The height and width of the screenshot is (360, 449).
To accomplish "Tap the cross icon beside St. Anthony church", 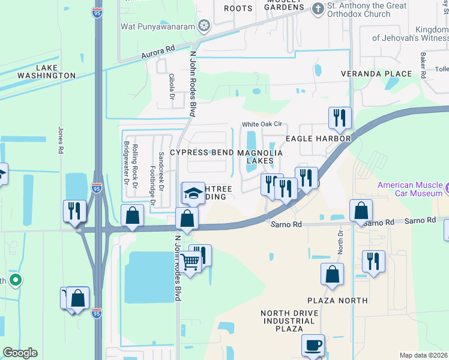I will (x=317, y=9).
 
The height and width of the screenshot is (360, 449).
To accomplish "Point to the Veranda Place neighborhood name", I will (x=376, y=74).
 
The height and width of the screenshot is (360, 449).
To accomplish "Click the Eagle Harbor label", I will (x=318, y=139).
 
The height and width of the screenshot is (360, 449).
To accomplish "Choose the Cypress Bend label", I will (x=202, y=152).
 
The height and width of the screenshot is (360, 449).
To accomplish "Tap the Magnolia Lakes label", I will (x=260, y=157).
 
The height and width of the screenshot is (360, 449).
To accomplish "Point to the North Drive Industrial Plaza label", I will (x=288, y=321).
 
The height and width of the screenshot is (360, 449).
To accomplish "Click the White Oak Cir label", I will (x=262, y=125).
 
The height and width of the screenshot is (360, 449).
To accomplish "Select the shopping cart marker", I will (x=190, y=262).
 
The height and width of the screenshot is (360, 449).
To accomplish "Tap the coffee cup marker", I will (x=313, y=346).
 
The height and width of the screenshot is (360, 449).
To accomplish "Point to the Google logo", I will (x=20, y=353).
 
